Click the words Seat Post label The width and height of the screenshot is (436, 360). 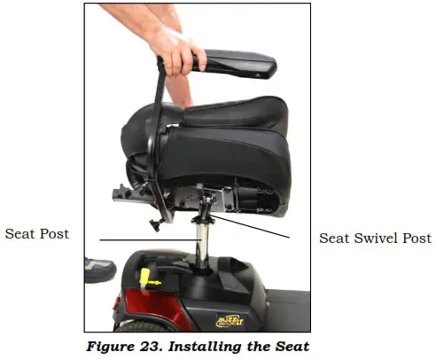click(x=37, y=234)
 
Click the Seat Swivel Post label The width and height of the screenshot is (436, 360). click(x=375, y=239)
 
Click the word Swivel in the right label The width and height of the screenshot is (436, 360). click(x=377, y=239)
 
